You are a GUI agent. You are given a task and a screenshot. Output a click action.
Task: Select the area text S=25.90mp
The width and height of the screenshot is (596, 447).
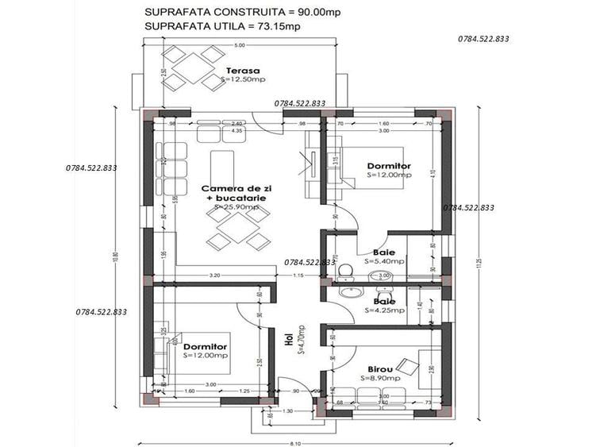pyautogui.click(x=236, y=207)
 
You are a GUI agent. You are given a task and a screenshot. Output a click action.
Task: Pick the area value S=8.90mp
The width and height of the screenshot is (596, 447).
pyautogui.click(x=382, y=380)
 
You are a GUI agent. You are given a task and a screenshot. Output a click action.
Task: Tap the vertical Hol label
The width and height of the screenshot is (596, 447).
pyautogui.click(x=289, y=339)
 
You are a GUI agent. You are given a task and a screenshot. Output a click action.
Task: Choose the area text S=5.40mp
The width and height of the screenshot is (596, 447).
pyautogui.click(x=384, y=260)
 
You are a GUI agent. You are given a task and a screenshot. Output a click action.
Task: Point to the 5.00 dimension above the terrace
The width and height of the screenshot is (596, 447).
pyautogui.click(x=239, y=45)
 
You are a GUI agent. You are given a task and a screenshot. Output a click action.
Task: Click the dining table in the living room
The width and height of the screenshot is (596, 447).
pyautogui.click(x=236, y=229)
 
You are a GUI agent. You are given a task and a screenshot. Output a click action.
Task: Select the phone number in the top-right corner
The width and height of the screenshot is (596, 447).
pyautogui.click(x=483, y=38)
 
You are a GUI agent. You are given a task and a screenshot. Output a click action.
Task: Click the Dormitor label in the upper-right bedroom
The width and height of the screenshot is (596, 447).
pyautogui.click(x=389, y=166)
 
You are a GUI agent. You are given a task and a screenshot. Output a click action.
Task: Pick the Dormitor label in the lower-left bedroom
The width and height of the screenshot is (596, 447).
pyautogui.click(x=206, y=347)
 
